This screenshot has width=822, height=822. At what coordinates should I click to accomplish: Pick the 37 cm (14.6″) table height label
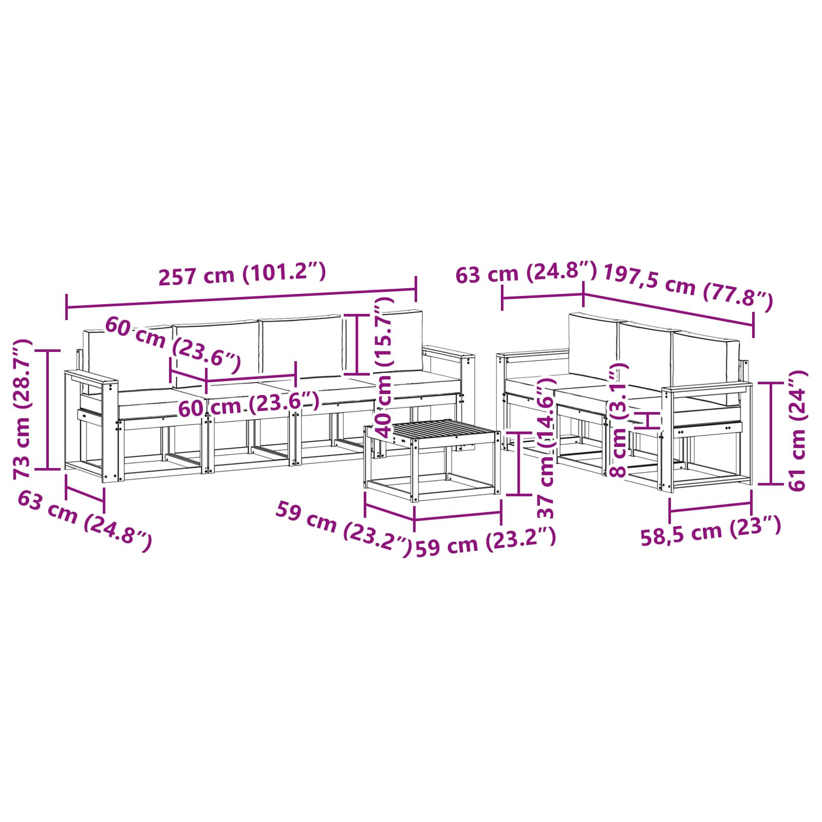click(x=546, y=447)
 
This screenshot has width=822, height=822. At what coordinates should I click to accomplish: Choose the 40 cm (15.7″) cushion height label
click(x=384, y=367)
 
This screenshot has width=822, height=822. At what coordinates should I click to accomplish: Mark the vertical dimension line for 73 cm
click(x=48, y=409)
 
